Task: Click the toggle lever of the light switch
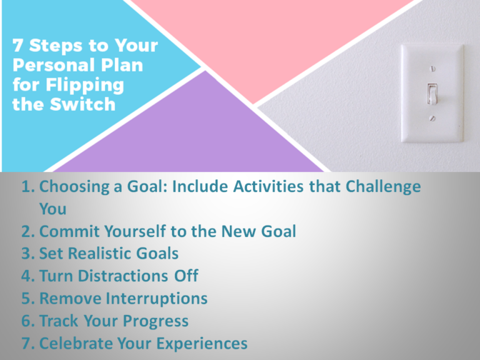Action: click(431, 93)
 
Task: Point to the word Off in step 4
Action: click(186, 276)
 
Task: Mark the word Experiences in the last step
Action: click(197, 344)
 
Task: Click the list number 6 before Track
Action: click(26, 321)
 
